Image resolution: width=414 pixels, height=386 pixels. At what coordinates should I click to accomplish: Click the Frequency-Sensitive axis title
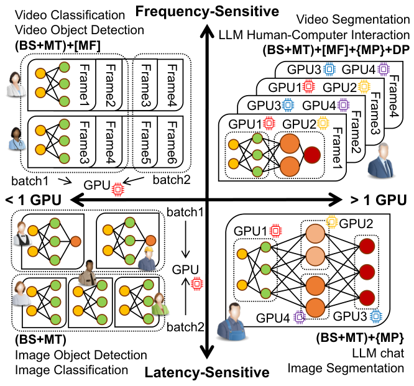click(x=207, y=11)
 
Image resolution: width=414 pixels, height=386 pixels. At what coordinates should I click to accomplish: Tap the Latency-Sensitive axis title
click(x=207, y=372)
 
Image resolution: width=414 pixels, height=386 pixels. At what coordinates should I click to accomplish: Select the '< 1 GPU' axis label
click(x=34, y=200)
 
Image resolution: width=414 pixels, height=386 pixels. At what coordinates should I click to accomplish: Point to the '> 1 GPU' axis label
click(x=379, y=200)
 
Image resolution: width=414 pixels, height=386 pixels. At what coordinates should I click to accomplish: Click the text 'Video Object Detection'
click(x=80, y=30)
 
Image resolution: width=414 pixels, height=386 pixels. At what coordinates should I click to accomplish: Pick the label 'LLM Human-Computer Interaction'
click(x=314, y=35)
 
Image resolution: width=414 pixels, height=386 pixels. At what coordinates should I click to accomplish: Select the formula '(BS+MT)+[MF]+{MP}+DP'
click(x=336, y=50)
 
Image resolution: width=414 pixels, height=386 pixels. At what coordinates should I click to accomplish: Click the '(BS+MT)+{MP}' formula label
click(x=360, y=338)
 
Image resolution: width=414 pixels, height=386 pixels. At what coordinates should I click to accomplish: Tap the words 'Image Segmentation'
click(x=346, y=368)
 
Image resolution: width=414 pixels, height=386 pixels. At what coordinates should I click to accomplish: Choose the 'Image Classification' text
click(x=71, y=370)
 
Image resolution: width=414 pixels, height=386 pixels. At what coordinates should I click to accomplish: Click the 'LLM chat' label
click(x=378, y=353)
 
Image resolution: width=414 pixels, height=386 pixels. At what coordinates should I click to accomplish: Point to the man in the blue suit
click(x=381, y=160)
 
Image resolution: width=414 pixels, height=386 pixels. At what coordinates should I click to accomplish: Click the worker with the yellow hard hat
click(x=147, y=259)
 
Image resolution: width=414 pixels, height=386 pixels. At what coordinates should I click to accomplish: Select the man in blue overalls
click(x=232, y=321)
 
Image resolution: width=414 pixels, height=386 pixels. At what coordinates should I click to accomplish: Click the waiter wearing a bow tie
click(x=22, y=234)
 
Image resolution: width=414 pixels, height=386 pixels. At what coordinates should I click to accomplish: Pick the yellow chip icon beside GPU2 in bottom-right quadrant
click(x=332, y=222)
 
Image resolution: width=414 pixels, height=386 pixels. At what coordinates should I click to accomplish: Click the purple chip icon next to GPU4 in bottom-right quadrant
click(x=300, y=317)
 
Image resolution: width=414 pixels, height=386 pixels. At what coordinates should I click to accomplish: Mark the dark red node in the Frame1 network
click(x=312, y=155)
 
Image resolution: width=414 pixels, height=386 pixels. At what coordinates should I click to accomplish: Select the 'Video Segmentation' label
click(x=352, y=19)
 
